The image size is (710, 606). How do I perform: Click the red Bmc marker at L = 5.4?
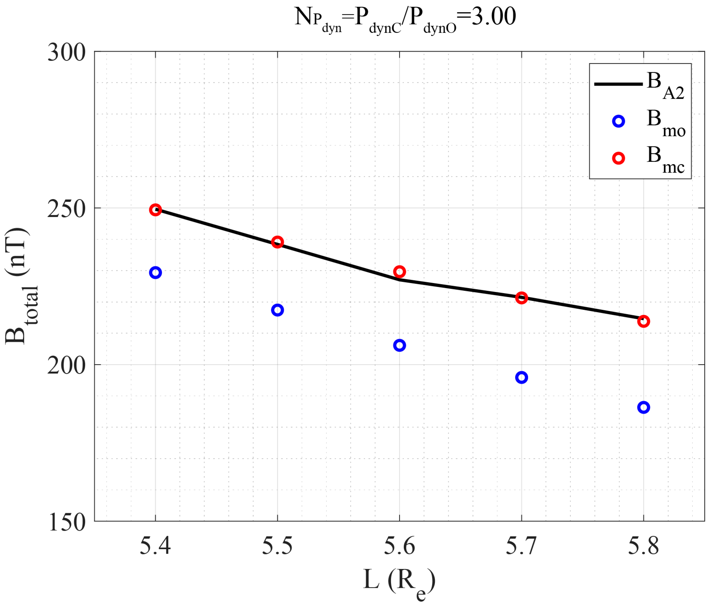(x=155, y=210)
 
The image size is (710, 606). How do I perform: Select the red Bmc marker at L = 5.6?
(x=399, y=271)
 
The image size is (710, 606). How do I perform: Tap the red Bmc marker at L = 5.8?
(x=643, y=321)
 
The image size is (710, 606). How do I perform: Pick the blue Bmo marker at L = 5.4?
(x=155, y=273)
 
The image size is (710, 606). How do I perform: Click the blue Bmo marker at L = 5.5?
(x=277, y=310)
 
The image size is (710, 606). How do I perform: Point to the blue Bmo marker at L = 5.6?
(x=399, y=345)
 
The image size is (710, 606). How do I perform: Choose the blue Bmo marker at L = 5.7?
(x=521, y=377)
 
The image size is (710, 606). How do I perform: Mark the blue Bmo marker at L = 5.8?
(x=643, y=407)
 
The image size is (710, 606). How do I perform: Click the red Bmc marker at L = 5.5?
(x=277, y=242)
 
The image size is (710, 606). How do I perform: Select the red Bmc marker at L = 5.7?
(x=521, y=298)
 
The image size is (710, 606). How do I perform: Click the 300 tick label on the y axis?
(x=66, y=53)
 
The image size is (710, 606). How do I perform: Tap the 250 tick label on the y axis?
(x=66, y=209)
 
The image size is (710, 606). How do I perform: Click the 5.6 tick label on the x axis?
(x=399, y=546)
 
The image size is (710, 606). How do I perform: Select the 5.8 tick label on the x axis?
(x=643, y=546)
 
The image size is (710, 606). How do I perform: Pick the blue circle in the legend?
(x=618, y=121)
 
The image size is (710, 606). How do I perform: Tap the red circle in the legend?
(x=618, y=158)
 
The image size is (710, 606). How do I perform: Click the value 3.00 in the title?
(x=493, y=16)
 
